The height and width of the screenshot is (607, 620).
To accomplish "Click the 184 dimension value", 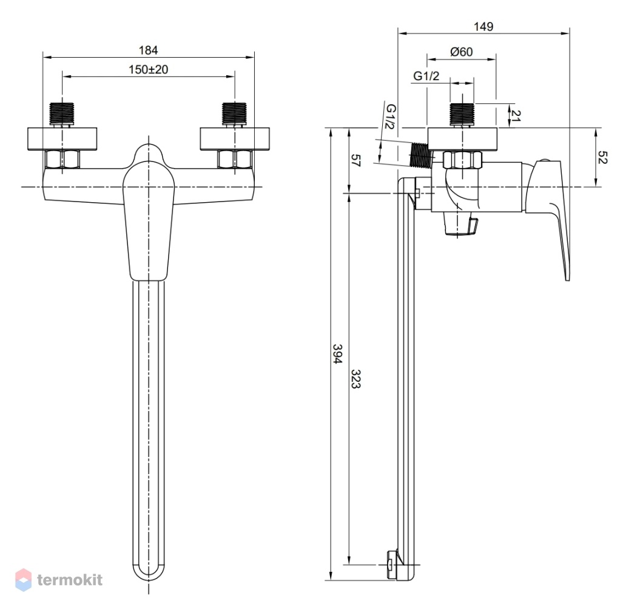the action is pyautogui.click(x=148, y=50).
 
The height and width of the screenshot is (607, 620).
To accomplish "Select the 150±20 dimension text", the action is pyautogui.click(x=148, y=70).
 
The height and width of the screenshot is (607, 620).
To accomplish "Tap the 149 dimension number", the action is pyautogui.click(x=484, y=27).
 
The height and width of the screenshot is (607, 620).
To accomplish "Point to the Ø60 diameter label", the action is pyautogui.click(x=462, y=52).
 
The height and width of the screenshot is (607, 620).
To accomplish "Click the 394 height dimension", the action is pyautogui.click(x=337, y=354).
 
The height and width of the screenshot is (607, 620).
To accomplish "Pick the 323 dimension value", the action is pyautogui.click(x=356, y=379).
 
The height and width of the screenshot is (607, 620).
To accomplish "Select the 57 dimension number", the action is pyautogui.click(x=356, y=160).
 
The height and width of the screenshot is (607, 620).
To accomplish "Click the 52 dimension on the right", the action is pyautogui.click(x=602, y=157).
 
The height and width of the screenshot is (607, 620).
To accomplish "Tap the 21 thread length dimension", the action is pyautogui.click(x=515, y=115).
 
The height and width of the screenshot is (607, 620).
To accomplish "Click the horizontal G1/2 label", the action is pyautogui.click(x=426, y=76).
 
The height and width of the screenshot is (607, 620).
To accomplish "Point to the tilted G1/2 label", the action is pyautogui.click(x=390, y=117).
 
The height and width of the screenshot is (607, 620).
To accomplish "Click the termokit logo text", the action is pyautogui.click(x=70, y=580).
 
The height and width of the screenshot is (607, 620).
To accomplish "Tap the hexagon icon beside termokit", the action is pyautogui.click(x=23, y=580).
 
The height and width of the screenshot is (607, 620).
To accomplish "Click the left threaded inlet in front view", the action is pyautogui.click(x=62, y=114).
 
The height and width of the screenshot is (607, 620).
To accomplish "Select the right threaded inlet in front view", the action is pyautogui.click(x=235, y=114).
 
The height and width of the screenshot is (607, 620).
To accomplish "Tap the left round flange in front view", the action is pyautogui.click(x=62, y=139).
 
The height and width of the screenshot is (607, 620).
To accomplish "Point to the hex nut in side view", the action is pyautogui.click(x=463, y=160).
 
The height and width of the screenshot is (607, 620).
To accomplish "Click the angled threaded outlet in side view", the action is pyautogui.click(x=420, y=154).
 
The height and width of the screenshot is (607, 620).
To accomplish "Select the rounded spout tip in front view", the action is pyautogui.click(x=148, y=573).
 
